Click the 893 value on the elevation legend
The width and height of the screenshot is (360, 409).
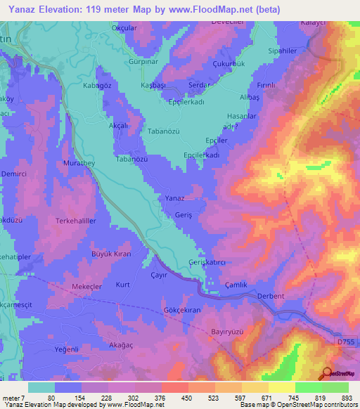point(345,397)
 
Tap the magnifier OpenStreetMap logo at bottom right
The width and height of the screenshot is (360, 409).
point(326,375)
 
